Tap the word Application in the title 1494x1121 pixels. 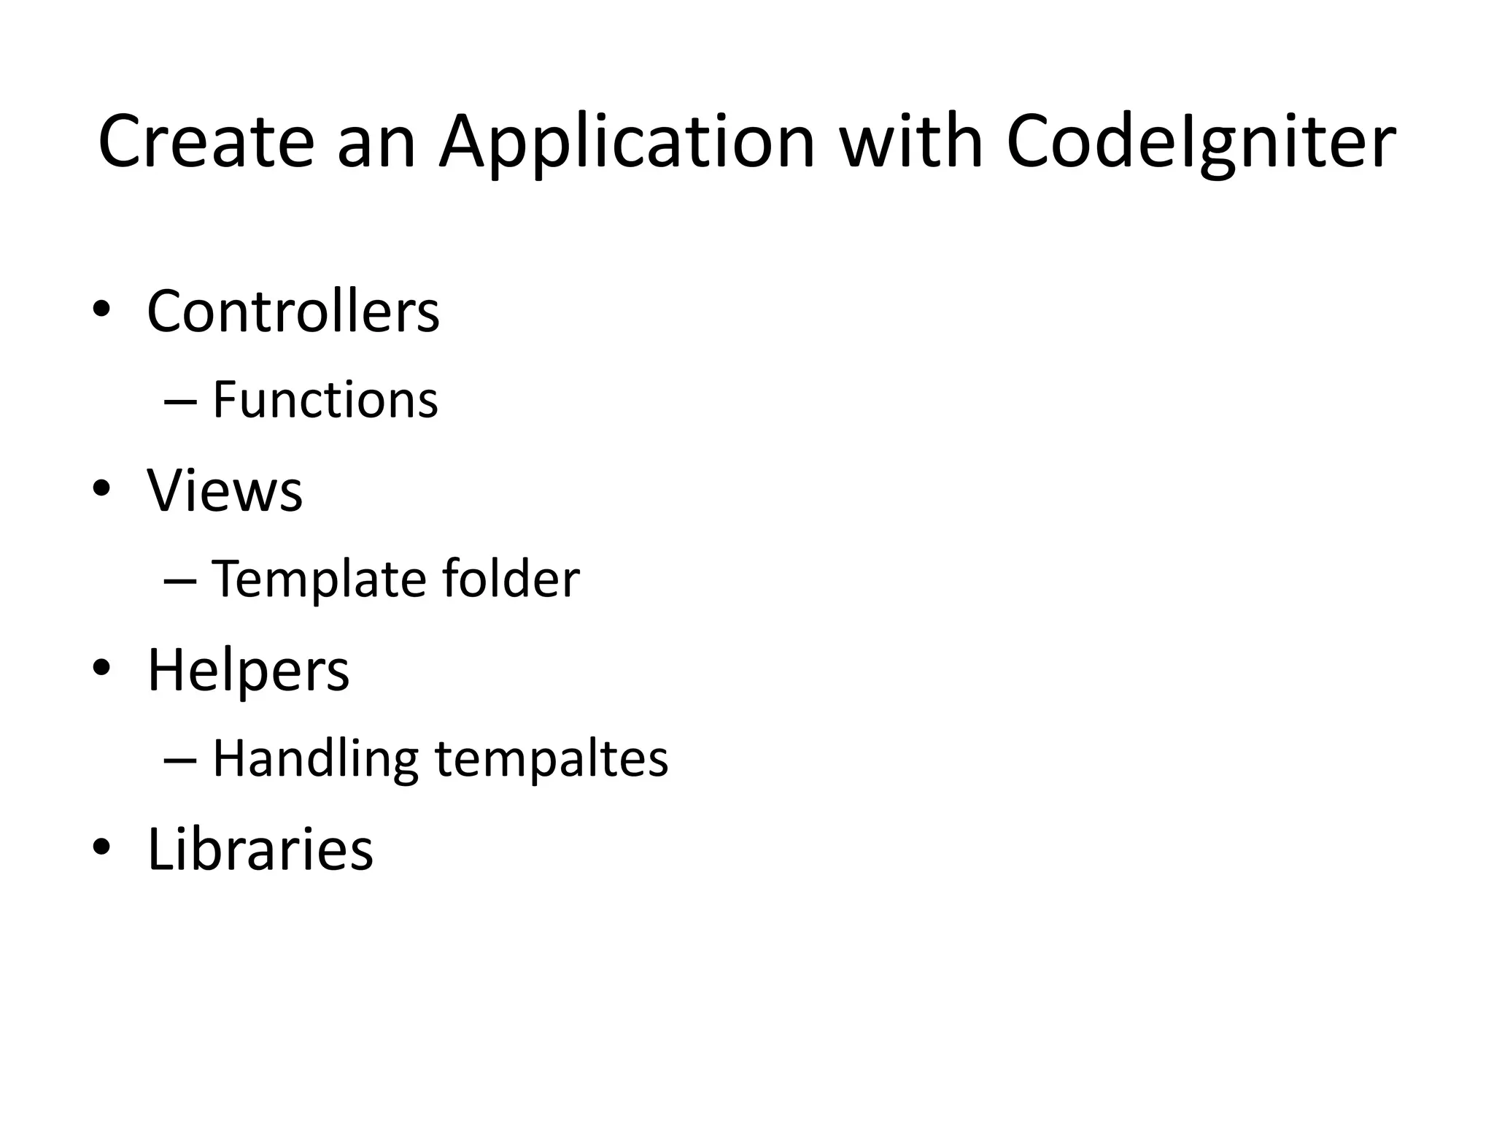click(626, 145)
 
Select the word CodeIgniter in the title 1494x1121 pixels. click(1201, 145)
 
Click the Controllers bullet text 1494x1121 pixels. click(293, 312)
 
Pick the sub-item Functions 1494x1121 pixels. click(325, 400)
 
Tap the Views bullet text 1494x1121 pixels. click(225, 490)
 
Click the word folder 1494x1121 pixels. click(511, 579)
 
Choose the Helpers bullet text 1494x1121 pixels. click(249, 671)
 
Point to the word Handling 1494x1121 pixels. click(316, 759)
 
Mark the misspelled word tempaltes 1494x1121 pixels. click(551, 759)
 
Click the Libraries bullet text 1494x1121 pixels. click(260, 849)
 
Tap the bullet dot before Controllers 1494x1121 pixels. click(101, 310)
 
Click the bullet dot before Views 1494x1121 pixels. click(101, 489)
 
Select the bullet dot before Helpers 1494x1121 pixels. click(101, 668)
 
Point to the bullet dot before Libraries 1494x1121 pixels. click(101, 847)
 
